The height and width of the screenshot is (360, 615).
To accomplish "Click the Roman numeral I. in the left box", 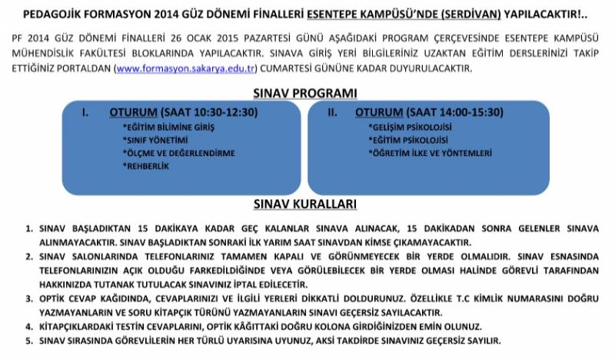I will coord(86,112).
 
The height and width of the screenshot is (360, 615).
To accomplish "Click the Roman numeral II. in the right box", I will coord(333,112).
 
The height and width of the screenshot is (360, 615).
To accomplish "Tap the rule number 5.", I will coord(28,339).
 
